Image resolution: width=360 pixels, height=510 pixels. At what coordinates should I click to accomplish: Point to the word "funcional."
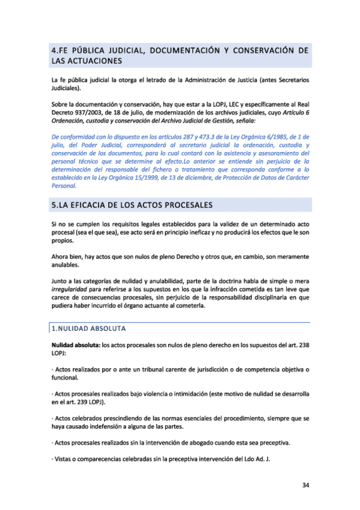tap(67, 378)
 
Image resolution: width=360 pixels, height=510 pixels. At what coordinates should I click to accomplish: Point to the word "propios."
tap(65, 240)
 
